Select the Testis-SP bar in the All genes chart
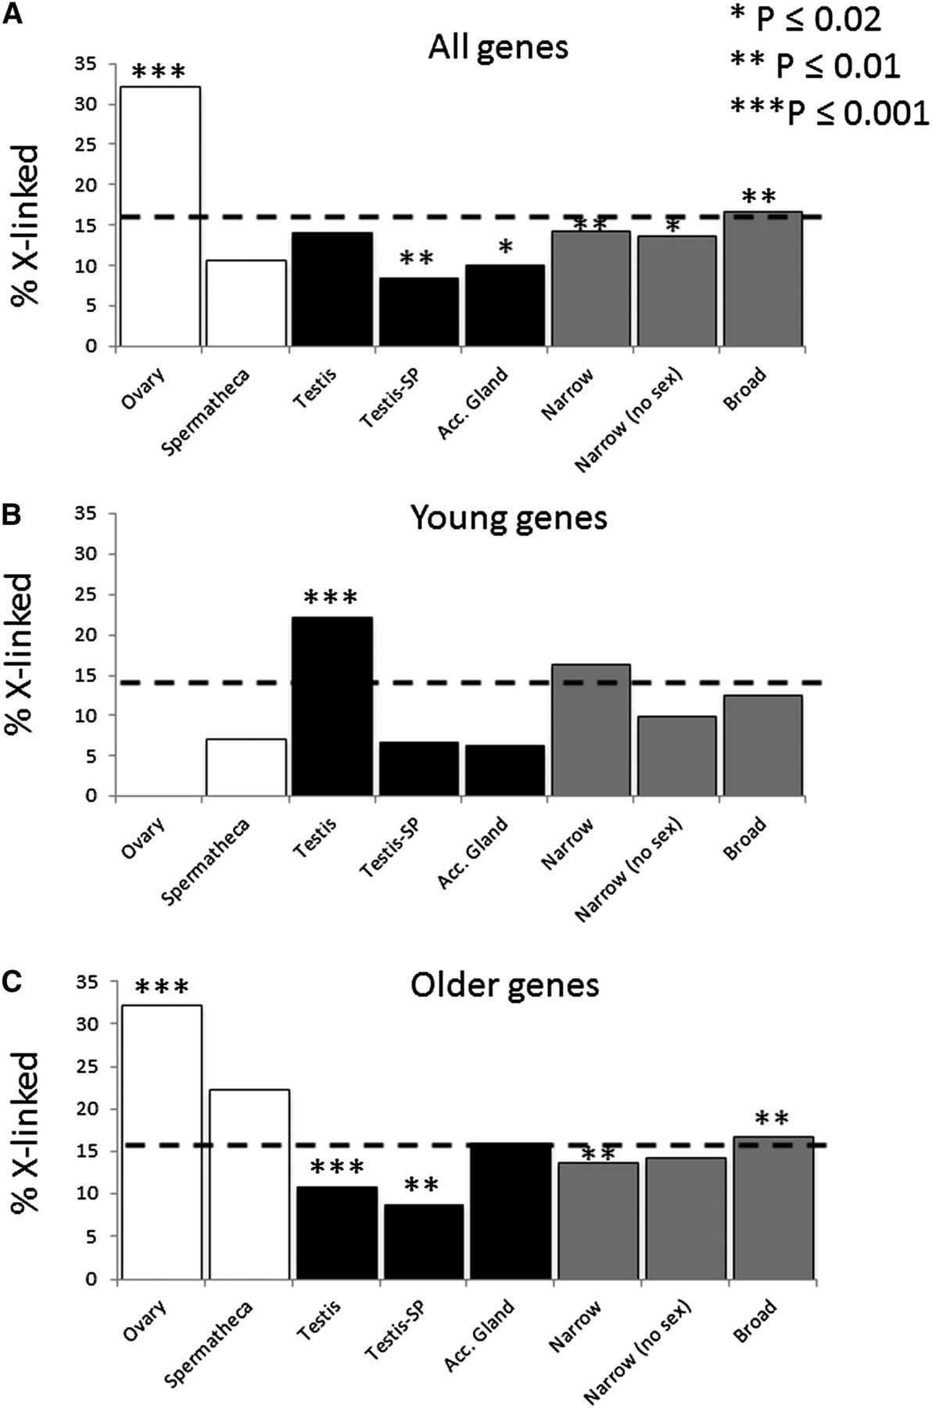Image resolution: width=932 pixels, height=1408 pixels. tap(418, 312)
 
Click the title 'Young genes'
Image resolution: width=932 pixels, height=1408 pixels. tap(508, 518)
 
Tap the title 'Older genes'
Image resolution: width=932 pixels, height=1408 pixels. tap(505, 985)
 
